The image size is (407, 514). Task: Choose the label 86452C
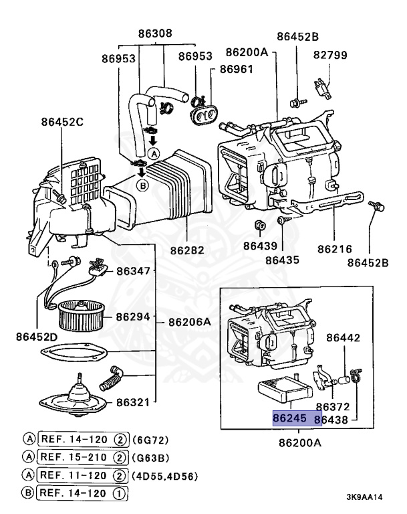coord(62,122)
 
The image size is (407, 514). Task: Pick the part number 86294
coord(134,316)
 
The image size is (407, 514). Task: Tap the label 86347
coord(134,271)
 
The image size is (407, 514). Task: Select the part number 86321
coord(134,402)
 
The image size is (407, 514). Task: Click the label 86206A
coord(188,322)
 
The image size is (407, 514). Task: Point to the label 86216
coord(334,248)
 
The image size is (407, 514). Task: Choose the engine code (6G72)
coord(152,439)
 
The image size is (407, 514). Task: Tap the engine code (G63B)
coord(152,458)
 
